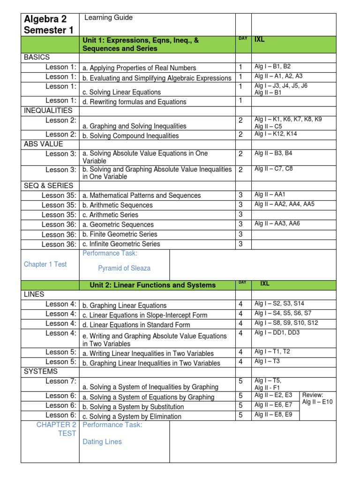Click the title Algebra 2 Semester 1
pyautogui.click(x=45, y=24)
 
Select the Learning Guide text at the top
pyautogui.click(x=108, y=18)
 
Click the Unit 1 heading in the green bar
pyautogui.click(x=141, y=45)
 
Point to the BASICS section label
pyautogui.click(x=37, y=57)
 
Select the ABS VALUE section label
pyautogui.click(x=43, y=144)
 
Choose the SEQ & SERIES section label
pyautogui.click(x=48, y=185)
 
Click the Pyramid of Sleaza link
pyautogui.click(x=124, y=268)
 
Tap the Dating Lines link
pyautogui.click(x=102, y=442)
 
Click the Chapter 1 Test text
pyautogui.click(x=45, y=264)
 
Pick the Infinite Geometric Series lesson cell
pyautogui.click(x=121, y=244)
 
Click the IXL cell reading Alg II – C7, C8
pyautogui.click(x=274, y=169)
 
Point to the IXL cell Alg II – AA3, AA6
pyautogui.click(x=277, y=224)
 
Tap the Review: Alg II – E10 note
pyautogui.click(x=317, y=398)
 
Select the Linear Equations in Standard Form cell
pyautogui.click(x=136, y=325)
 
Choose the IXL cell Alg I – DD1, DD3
pyautogui.click(x=277, y=333)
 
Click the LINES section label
pyautogui.click(x=33, y=294)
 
